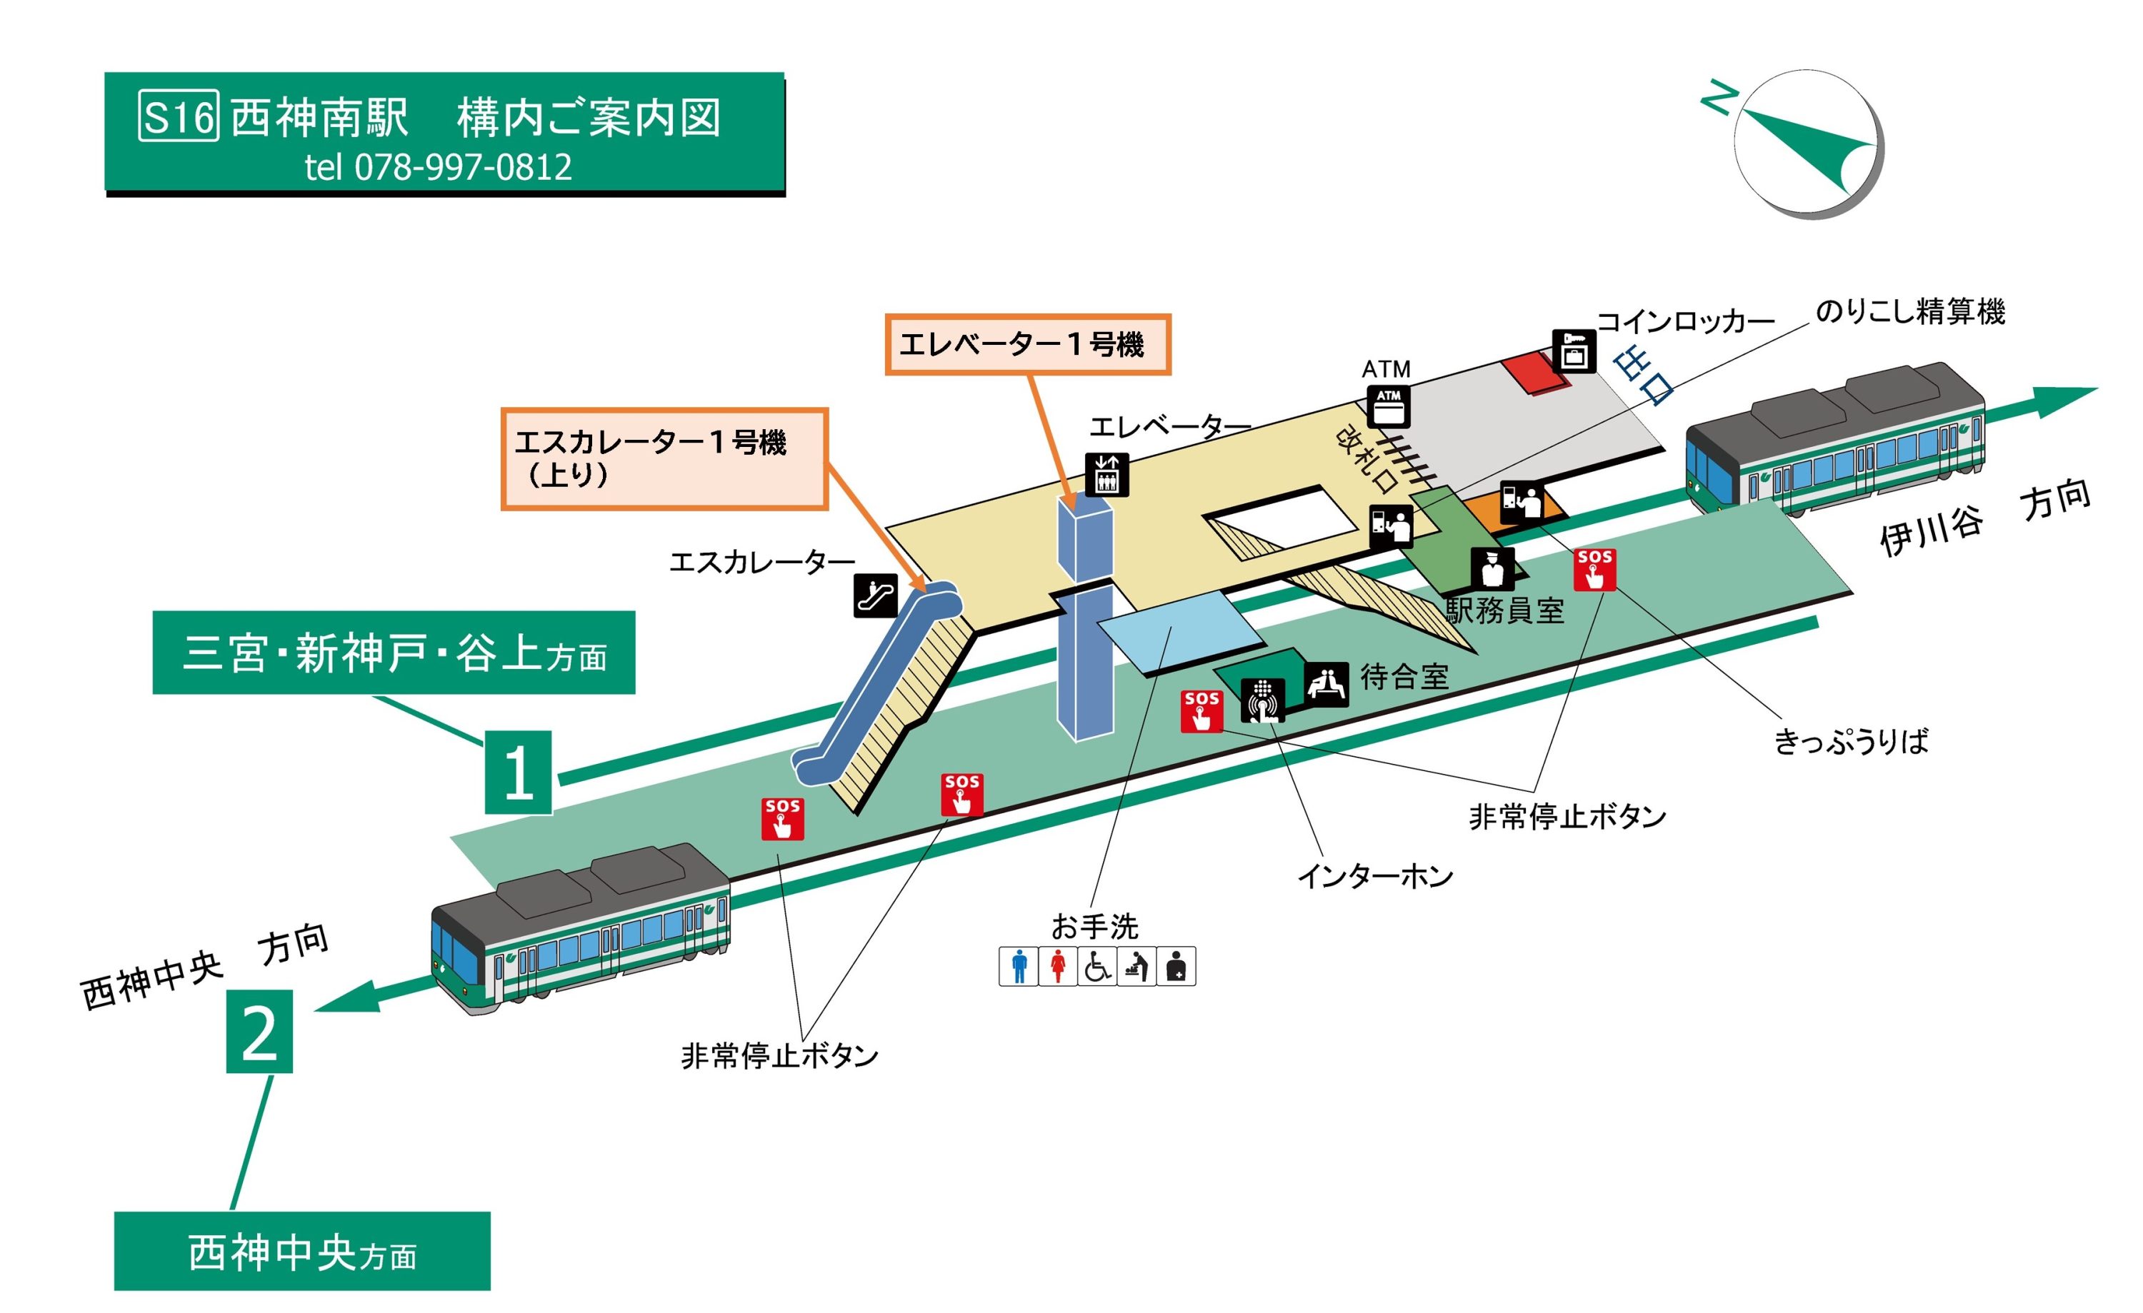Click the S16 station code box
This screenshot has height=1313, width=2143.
coord(179,116)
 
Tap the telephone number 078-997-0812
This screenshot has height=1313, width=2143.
coord(463,167)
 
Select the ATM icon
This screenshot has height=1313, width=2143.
coord(1388,406)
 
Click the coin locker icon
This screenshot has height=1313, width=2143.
coord(1574,351)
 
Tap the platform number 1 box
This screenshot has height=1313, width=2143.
coord(519,772)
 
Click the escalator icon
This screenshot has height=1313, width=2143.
coord(875,595)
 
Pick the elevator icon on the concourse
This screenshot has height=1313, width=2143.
coord(1107,475)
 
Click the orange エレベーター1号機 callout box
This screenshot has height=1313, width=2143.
coord(1027,344)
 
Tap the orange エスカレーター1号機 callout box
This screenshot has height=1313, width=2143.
coord(664,458)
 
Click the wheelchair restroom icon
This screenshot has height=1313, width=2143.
coord(1098,966)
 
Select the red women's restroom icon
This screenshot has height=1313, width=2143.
coord(1058,966)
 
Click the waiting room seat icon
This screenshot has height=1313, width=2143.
coord(1327,683)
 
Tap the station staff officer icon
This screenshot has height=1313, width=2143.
coord(1492,568)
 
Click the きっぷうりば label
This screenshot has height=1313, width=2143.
coord(1850,742)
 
